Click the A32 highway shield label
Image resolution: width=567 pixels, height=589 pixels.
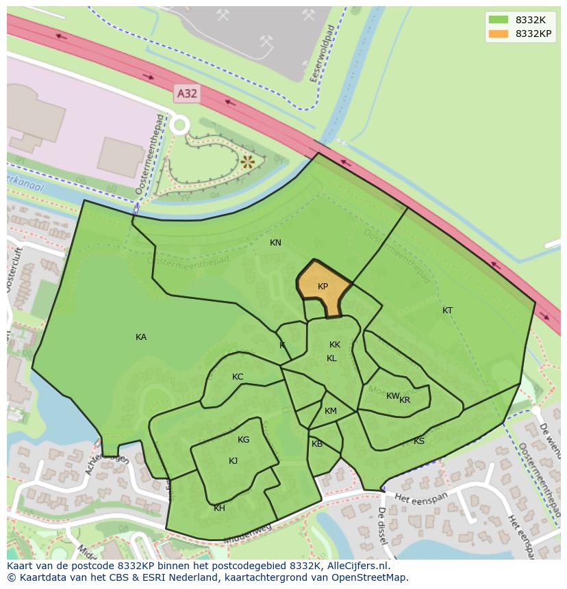(x=186, y=94)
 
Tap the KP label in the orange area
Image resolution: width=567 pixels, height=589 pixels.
(x=323, y=287)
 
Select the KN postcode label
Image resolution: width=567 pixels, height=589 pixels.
(x=275, y=243)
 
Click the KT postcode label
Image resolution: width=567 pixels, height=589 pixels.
(x=447, y=311)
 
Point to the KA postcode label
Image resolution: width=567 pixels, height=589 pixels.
(x=141, y=337)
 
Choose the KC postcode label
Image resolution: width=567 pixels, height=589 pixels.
(x=238, y=377)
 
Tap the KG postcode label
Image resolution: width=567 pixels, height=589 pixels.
(x=243, y=440)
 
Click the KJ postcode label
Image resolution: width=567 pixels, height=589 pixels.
(x=233, y=461)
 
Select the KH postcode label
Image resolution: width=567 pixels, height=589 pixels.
(x=219, y=508)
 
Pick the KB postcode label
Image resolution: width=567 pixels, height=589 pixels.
(x=317, y=444)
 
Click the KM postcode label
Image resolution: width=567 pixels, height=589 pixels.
(x=331, y=411)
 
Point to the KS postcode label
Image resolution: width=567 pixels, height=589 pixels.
(x=419, y=441)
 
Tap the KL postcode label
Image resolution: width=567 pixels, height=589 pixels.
(x=331, y=358)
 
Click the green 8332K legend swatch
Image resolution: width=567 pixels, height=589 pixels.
(x=498, y=19)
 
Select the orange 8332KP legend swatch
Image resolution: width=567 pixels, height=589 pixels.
(x=498, y=34)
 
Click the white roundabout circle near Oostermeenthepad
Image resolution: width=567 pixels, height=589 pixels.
(x=180, y=125)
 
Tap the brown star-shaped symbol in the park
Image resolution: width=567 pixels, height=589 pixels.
(x=247, y=162)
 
